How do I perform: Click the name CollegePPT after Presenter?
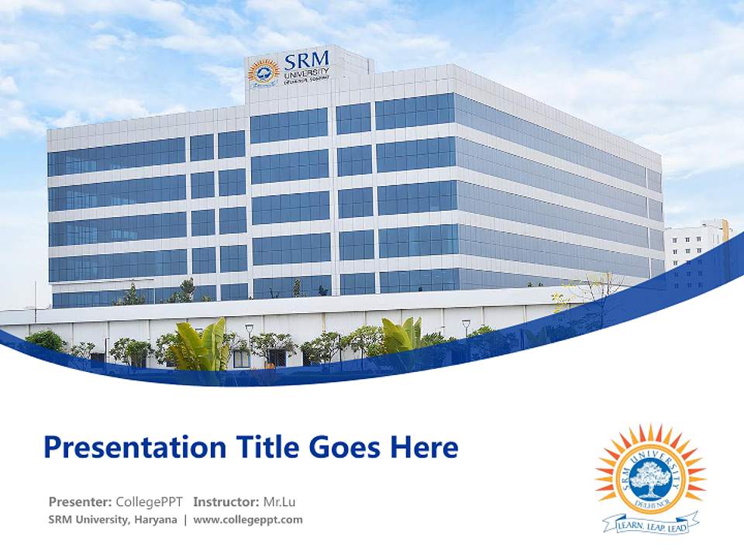(149, 501)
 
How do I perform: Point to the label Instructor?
(226, 501)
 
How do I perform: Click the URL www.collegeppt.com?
(248, 520)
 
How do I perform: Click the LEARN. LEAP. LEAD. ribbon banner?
(652, 524)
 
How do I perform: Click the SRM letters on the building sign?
(306, 60)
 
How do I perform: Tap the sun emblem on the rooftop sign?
(264, 72)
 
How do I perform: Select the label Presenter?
(81, 501)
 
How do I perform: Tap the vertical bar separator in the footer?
(185, 520)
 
